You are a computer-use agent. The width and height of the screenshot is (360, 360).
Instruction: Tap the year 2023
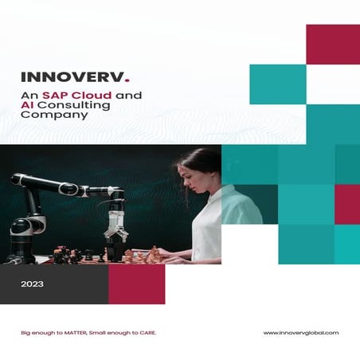click(33, 284)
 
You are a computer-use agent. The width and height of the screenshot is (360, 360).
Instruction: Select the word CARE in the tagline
click(144, 332)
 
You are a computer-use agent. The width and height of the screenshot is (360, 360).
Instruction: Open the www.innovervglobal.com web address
click(300, 332)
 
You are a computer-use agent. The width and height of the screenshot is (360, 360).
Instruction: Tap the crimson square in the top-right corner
click(333, 44)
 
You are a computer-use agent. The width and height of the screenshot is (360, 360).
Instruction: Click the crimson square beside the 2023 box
click(136, 284)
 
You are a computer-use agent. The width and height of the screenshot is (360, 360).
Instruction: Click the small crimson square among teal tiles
click(346, 204)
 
